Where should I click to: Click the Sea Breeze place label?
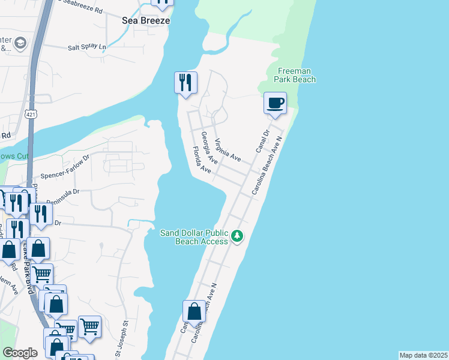click(x=146, y=20)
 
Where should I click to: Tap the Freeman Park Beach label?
click(x=295, y=75)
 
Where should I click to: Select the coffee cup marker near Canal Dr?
click(x=275, y=103)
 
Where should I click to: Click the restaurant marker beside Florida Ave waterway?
click(x=185, y=82)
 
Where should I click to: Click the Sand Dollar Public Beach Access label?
click(x=194, y=237)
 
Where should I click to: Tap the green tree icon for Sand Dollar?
click(x=238, y=236)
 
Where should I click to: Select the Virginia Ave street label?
click(x=228, y=150)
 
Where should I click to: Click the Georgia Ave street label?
click(x=209, y=148)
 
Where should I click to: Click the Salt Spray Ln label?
click(x=87, y=47)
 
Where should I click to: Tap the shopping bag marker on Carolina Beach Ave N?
click(x=194, y=312)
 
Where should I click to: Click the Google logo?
click(x=20, y=353)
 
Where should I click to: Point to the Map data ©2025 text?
click(x=424, y=355)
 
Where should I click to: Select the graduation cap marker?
click(x=20, y=44)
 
